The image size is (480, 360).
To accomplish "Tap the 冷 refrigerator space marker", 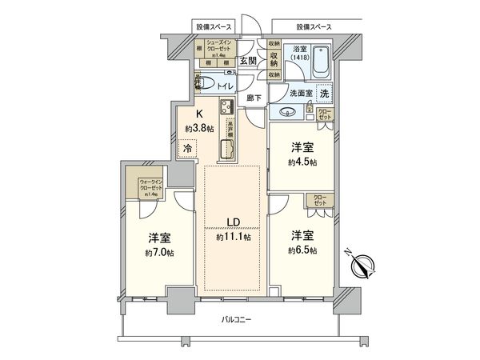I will [x=186, y=149].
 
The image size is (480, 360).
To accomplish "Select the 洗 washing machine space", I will [x=323, y=93].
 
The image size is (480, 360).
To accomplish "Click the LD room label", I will [x=230, y=222].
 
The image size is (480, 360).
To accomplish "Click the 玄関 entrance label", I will [x=248, y=61].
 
